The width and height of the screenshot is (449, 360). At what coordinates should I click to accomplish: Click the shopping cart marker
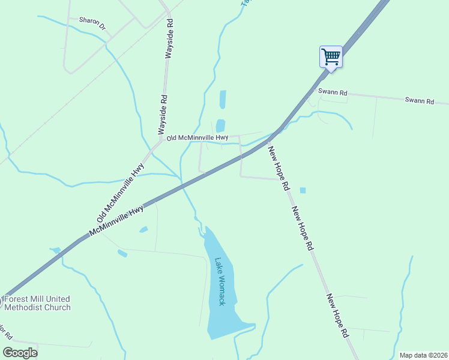[x=331, y=57]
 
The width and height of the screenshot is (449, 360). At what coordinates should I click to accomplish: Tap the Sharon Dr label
[x=92, y=23]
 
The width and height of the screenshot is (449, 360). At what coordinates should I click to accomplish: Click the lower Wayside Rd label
[x=161, y=114]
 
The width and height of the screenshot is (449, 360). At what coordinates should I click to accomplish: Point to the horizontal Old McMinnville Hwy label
[x=197, y=138]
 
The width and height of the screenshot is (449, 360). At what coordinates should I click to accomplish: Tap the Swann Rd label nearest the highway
[x=333, y=92]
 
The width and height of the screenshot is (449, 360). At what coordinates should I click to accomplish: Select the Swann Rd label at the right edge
[x=419, y=101]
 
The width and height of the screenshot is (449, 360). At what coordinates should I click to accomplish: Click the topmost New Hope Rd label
[x=278, y=169]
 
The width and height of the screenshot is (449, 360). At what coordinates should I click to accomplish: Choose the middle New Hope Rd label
[x=303, y=229]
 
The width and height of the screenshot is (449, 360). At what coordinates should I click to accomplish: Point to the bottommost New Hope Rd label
[x=338, y=316]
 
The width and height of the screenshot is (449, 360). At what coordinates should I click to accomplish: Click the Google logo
[x=20, y=352]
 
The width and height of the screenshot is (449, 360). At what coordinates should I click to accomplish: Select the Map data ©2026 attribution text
[x=423, y=355]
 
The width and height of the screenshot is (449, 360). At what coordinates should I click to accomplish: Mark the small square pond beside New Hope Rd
[x=303, y=190]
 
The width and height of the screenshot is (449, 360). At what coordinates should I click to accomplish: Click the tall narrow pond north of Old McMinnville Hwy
[x=223, y=99]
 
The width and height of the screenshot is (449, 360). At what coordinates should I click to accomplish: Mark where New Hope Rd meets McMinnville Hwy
[x=277, y=131]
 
